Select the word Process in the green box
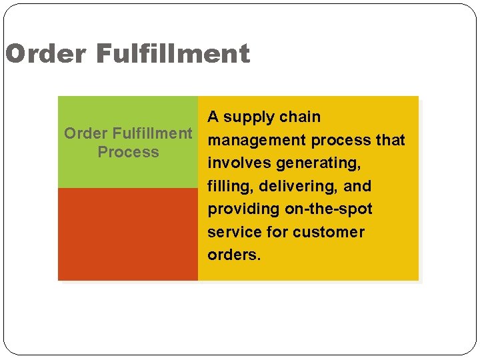point(128,152)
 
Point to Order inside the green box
point(82,133)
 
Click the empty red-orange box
point(128,234)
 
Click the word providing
point(243,209)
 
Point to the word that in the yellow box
point(390,141)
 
